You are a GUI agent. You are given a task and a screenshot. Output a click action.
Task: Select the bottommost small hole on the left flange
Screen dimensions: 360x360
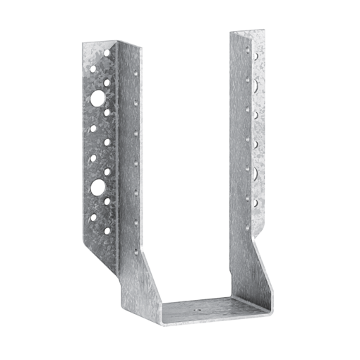point(107,230)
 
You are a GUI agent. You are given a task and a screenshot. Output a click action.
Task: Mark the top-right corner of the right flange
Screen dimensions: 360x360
point(265,30)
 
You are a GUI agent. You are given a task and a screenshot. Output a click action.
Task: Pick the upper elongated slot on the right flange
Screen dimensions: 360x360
point(252,83)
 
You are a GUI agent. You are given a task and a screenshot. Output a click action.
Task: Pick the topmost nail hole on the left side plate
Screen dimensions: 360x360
point(131,71)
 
